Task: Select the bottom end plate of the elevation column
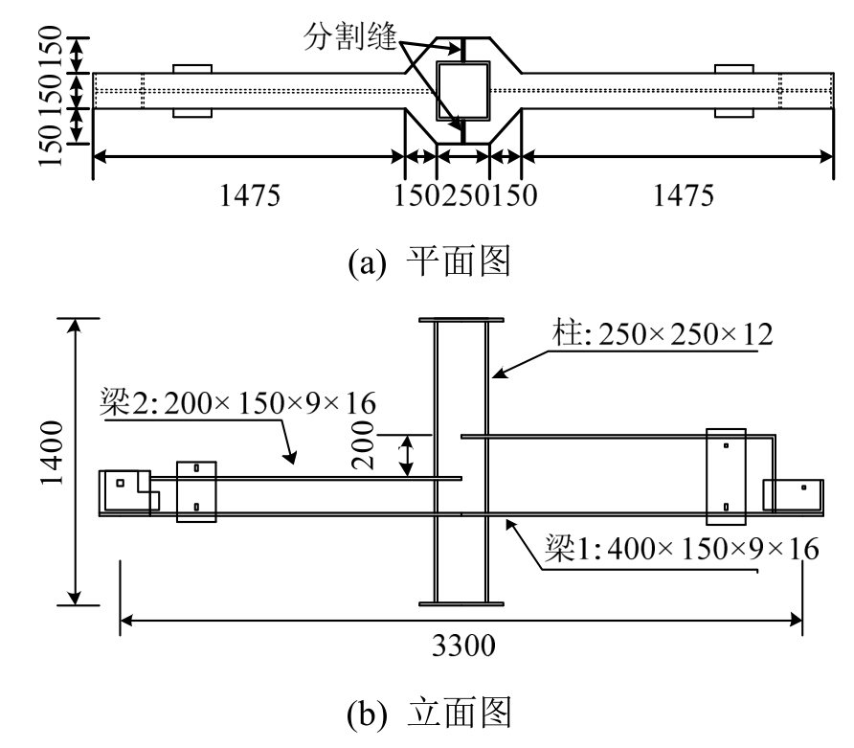click(462, 603)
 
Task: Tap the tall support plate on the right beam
click(725, 477)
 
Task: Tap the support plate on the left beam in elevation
click(197, 491)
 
